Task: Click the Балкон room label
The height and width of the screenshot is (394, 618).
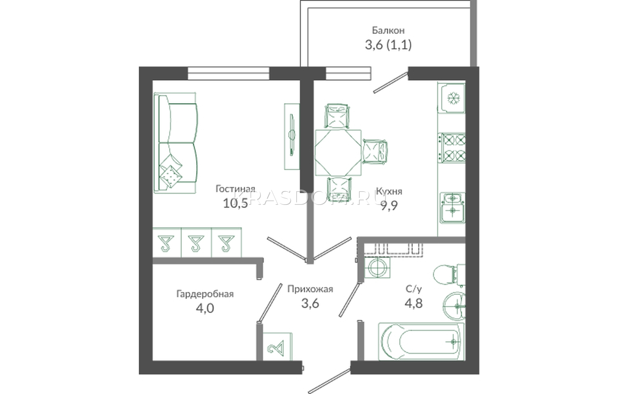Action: pyautogui.click(x=388, y=30)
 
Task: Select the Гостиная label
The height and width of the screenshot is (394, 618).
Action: pyautogui.click(x=235, y=189)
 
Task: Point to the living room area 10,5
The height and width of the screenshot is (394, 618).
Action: pyautogui.click(x=235, y=203)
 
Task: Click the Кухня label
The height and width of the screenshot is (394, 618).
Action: pyautogui.click(x=389, y=191)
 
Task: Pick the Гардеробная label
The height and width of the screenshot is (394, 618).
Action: pyautogui.click(x=205, y=294)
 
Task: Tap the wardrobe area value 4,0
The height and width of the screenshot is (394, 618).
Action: pyautogui.click(x=205, y=308)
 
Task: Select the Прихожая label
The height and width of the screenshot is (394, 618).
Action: pyautogui.click(x=310, y=289)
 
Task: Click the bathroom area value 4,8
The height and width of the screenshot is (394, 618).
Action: pyautogui.click(x=414, y=303)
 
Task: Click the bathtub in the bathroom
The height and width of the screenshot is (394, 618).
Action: pyautogui.click(x=421, y=342)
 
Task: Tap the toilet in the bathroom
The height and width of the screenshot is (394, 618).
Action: pyautogui.click(x=449, y=275)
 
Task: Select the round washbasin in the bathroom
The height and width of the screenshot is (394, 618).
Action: pyautogui.click(x=454, y=306)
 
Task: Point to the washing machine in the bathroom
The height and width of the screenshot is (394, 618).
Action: pyautogui.click(x=377, y=268)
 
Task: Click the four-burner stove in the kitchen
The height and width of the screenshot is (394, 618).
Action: pyautogui.click(x=452, y=147)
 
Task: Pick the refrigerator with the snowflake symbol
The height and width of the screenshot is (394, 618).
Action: pyautogui.click(x=452, y=98)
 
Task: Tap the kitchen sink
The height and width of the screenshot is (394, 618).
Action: pyautogui.click(x=452, y=208)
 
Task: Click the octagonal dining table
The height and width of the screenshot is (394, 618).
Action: pyautogui.click(x=338, y=152)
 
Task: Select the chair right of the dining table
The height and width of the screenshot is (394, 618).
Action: pyautogui.click(x=375, y=152)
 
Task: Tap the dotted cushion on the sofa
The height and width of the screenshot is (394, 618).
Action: pyautogui.click(x=171, y=176)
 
